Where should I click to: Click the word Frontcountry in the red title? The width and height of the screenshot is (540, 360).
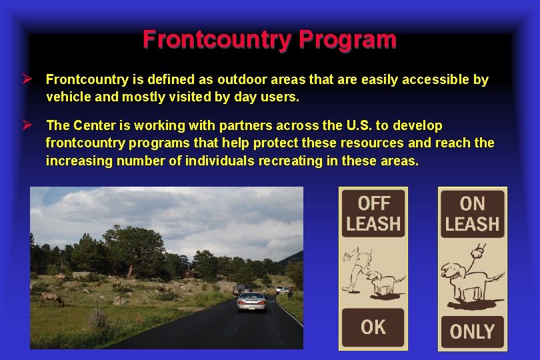[217, 40]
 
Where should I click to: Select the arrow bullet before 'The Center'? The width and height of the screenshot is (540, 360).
[29, 125]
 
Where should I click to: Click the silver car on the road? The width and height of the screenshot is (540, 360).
[252, 302]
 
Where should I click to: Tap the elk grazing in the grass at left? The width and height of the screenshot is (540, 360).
[51, 299]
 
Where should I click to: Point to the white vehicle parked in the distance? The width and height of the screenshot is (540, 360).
[283, 290]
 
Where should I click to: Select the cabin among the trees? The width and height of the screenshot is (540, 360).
[191, 273]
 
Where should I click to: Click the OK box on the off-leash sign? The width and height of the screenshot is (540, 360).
[373, 327]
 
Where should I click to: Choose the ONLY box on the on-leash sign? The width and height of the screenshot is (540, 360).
[472, 331]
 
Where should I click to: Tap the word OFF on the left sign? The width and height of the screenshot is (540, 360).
[373, 203]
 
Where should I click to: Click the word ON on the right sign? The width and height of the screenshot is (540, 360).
[472, 203]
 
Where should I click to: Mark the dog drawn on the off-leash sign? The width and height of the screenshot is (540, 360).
[385, 282]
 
